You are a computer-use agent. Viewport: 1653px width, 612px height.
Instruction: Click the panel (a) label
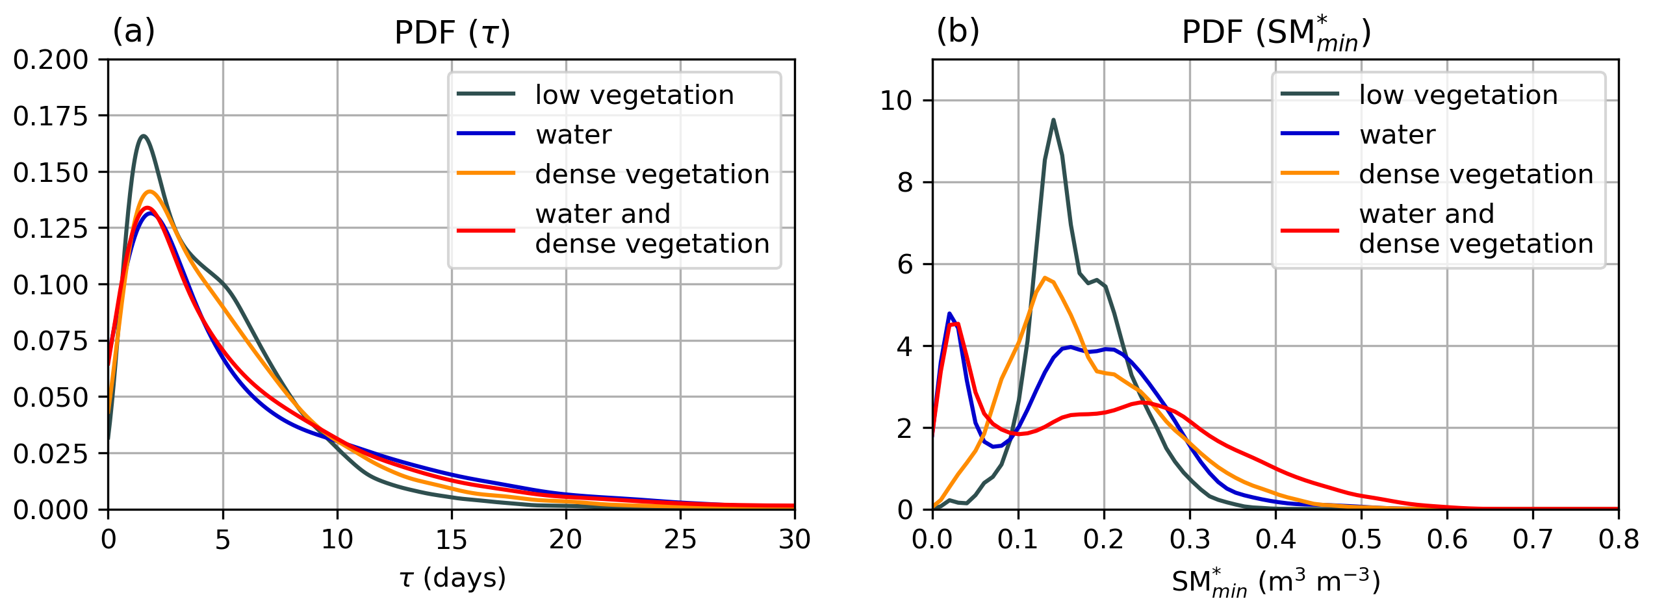click(x=134, y=31)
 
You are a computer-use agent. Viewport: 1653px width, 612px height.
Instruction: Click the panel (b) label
click(x=957, y=31)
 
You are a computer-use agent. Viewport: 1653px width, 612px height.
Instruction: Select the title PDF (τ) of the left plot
click(x=452, y=32)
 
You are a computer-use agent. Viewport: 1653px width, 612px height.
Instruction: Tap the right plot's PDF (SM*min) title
click(x=1275, y=32)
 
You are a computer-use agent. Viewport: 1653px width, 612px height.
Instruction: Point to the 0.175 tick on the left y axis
click(x=50, y=116)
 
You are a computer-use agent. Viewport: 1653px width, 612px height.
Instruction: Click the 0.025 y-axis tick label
click(x=50, y=453)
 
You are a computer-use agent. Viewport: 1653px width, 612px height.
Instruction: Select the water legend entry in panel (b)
click(x=1397, y=134)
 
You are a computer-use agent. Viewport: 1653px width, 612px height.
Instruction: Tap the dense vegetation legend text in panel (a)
click(x=652, y=174)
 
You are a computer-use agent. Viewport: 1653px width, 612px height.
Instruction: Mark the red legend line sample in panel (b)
click(x=1310, y=230)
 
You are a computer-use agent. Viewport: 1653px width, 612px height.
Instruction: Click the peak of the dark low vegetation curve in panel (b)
click(x=1053, y=120)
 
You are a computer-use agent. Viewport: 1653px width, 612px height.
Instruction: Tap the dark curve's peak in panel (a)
click(x=143, y=136)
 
